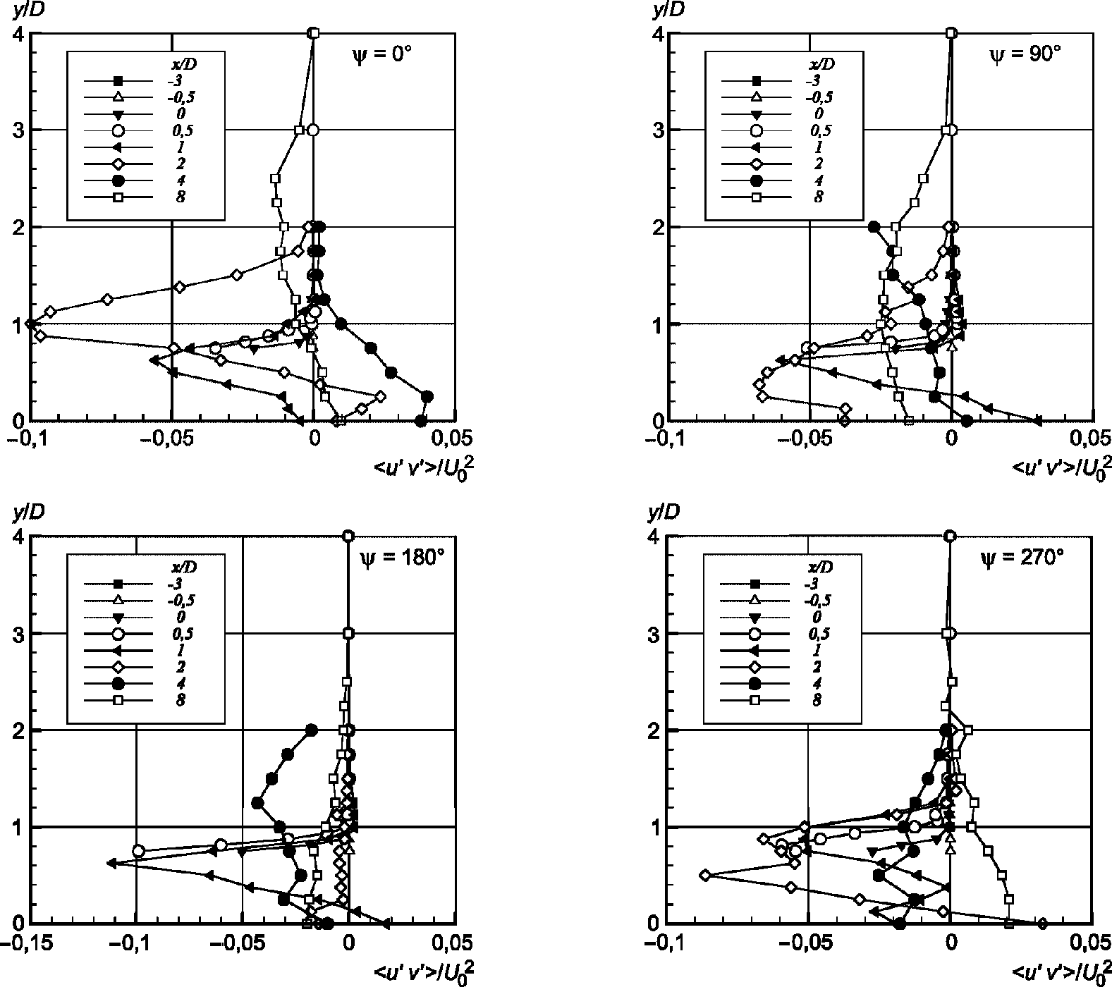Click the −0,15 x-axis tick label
point(30,942)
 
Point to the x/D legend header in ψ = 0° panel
point(184,63)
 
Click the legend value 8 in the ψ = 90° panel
point(819,197)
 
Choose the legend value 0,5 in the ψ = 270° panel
point(818,633)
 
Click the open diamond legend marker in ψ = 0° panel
point(118,164)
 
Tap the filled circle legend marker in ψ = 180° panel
point(118,683)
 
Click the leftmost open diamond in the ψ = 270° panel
point(704,875)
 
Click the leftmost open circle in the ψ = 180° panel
point(139,851)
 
